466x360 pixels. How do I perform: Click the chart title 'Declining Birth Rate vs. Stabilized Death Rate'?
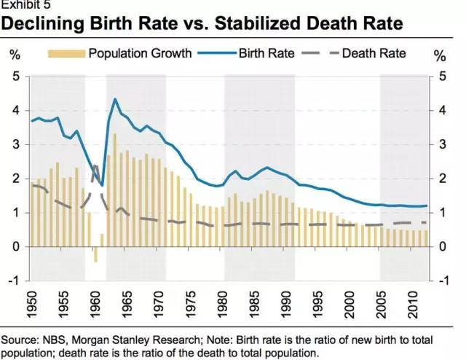[x=202, y=25]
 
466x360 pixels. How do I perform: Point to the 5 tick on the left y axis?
[x=16, y=77]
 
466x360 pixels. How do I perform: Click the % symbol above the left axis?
[x=15, y=55]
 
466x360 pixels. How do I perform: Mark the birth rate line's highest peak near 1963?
[x=115, y=99]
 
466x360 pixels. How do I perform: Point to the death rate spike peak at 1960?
[x=95, y=167]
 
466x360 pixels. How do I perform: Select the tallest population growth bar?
[x=115, y=190]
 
